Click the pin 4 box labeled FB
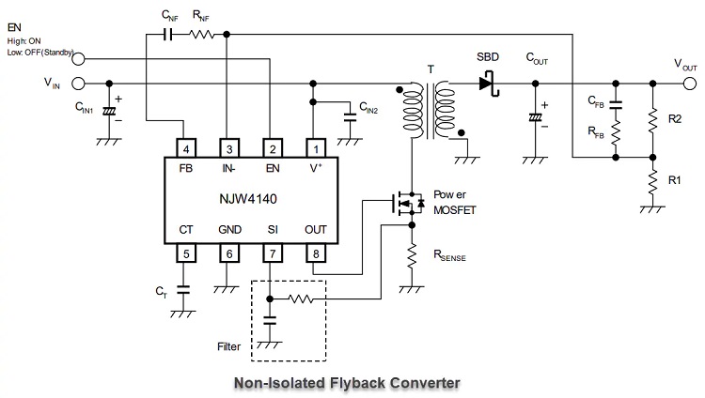[186, 148]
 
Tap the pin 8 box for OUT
[316, 253]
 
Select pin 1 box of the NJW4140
[316, 148]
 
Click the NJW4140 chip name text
[248, 199]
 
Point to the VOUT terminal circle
[690, 84]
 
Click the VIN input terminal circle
[78, 84]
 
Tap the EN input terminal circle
[78, 58]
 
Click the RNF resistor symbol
[202, 34]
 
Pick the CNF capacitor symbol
[167, 34]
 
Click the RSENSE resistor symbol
[412, 257]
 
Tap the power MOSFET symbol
[408, 203]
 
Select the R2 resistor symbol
[652, 120]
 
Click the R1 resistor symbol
[652, 182]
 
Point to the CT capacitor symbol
[183, 290]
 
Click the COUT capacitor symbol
[535, 117]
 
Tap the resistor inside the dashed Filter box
[301, 298]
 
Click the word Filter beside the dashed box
[228, 346]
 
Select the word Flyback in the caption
[357, 383]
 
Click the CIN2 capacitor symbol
[350, 117]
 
